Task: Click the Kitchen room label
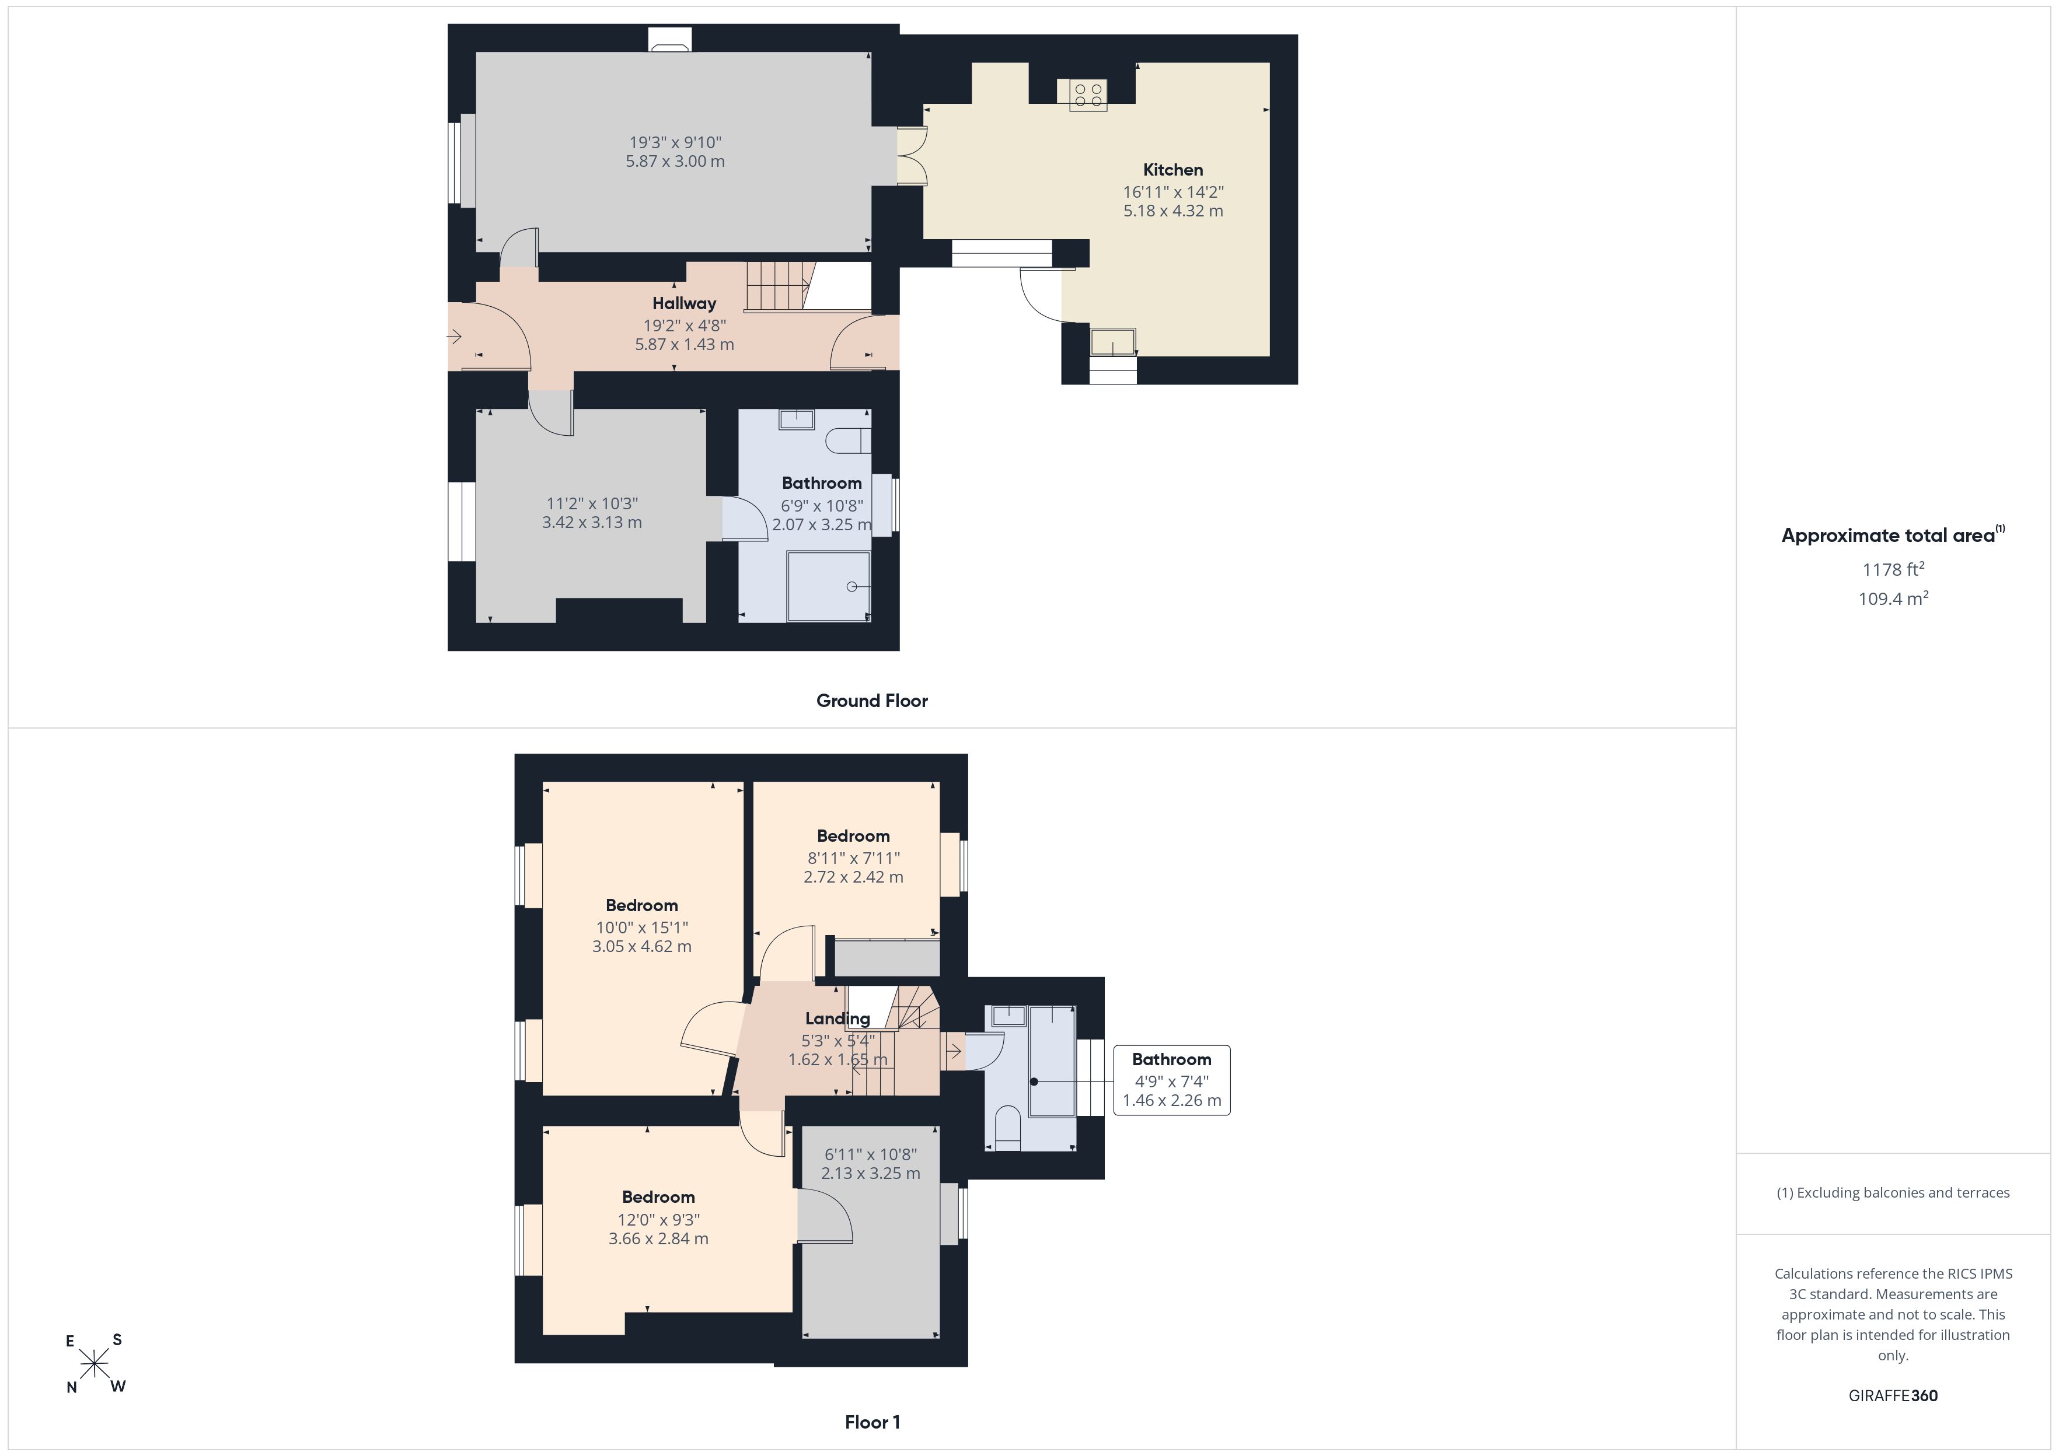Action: pos(1172,169)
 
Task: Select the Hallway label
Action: pos(684,303)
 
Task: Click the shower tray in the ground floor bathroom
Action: pos(829,586)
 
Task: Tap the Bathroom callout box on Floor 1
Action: pos(1171,1080)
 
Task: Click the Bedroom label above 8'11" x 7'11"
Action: pos(853,835)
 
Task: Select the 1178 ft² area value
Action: pos(1893,569)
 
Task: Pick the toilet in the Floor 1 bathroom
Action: pos(1008,1128)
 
